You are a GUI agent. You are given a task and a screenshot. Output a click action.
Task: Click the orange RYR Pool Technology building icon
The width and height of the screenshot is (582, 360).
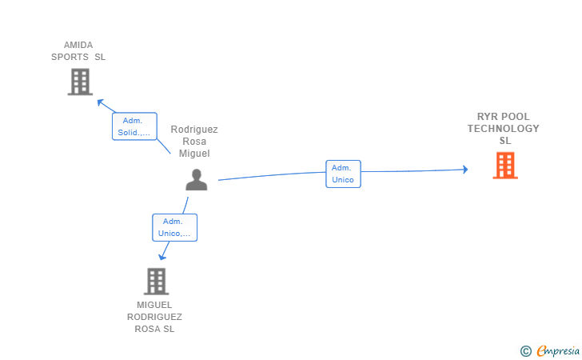[x=505, y=166]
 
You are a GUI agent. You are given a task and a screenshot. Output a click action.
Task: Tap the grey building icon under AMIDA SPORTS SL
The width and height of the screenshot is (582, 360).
[x=80, y=82]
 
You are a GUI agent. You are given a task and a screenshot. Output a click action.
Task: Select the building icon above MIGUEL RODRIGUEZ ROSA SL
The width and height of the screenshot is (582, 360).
[x=156, y=282]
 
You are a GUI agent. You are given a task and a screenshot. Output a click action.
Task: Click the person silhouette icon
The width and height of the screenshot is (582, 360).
[x=197, y=180]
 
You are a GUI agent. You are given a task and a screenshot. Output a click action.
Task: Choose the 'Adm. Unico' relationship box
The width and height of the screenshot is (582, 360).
[x=343, y=174]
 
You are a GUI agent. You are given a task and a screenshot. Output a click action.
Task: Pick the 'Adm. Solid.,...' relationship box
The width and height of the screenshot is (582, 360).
[x=135, y=126]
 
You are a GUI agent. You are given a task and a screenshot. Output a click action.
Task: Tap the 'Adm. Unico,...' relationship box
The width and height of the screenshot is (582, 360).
[x=175, y=227]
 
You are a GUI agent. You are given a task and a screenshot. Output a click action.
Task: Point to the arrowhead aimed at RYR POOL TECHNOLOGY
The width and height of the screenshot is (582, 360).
[x=465, y=170]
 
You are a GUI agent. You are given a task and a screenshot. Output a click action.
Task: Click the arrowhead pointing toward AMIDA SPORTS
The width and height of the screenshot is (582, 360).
[x=100, y=102]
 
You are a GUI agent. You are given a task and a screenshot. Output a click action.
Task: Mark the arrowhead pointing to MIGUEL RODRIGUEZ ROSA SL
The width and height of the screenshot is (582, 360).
[x=161, y=257]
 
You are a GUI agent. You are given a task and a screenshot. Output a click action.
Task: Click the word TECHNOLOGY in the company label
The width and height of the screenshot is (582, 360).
[x=504, y=129]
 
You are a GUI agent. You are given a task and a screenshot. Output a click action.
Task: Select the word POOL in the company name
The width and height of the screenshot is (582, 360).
[x=514, y=117]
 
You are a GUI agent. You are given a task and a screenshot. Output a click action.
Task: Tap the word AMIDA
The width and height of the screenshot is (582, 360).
[x=78, y=45]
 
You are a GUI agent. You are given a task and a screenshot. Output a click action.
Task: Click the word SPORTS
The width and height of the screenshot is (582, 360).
[x=70, y=57]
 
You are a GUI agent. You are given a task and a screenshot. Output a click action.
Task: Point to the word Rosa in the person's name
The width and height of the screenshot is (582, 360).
[x=194, y=142]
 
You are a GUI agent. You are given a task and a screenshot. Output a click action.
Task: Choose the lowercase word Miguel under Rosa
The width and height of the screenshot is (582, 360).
[x=194, y=154]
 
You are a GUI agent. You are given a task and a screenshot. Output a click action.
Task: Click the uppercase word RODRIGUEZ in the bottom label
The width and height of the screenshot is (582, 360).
[x=155, y=317]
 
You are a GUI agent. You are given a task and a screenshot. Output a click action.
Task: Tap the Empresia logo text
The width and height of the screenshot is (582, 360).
[x=558, y=351]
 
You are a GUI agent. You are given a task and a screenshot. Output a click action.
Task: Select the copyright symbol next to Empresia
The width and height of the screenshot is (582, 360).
[x=526, y=351]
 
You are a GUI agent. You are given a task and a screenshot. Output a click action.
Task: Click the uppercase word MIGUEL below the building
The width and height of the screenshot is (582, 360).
[x=154, y=305]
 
